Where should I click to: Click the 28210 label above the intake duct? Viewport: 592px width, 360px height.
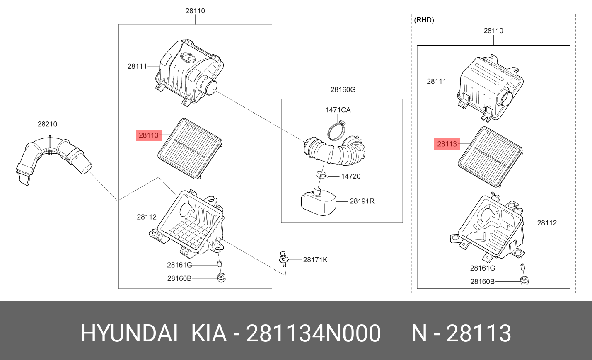47,124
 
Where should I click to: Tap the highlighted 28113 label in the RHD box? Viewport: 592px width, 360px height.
447,144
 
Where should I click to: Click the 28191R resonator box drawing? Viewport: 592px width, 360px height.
318,202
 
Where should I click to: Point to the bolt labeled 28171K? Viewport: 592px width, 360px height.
284,261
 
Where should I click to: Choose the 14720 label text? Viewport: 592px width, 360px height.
350,176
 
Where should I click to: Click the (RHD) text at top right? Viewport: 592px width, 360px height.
424,20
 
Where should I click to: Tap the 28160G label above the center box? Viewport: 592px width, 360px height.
343,89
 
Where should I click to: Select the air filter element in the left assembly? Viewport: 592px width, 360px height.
190,148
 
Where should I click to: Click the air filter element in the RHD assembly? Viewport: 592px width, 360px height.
490,157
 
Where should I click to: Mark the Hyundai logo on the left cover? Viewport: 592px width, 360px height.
188,58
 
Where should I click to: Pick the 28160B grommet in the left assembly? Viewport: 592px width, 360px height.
222,278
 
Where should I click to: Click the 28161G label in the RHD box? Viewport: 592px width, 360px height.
482,268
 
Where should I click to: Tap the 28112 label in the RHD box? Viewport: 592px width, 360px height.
547,223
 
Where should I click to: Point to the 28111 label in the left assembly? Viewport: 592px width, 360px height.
137,66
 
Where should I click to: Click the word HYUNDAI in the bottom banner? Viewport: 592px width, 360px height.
129,333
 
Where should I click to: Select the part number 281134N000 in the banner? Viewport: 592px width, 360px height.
313,333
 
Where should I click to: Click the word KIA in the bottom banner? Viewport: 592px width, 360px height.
209,333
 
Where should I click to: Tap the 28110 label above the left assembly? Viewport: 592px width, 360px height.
195,11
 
